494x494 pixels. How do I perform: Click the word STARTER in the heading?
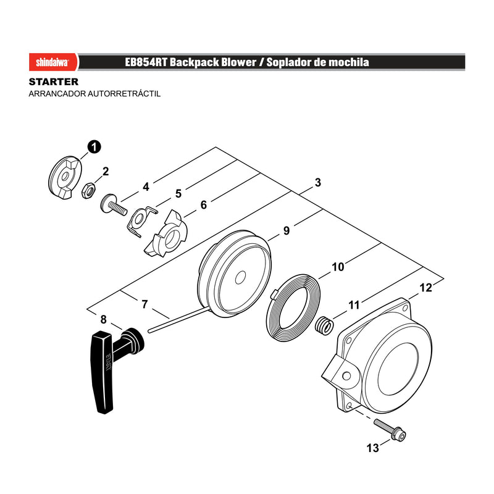click(54, 82)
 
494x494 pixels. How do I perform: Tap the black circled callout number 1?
click(94, 147)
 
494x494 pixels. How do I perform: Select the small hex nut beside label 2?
click(89, 190)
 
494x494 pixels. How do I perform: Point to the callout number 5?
click(178, 193)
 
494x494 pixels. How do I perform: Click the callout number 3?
click(318, 182)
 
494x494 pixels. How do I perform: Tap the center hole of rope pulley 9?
click(240, 277)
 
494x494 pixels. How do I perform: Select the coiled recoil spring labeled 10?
click(293, 306)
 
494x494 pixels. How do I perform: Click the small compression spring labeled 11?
click(324, 326)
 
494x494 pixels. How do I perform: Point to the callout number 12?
click(425, 288)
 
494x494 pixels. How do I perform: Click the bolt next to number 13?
click(390, 429)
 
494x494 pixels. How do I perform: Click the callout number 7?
click(144, 304)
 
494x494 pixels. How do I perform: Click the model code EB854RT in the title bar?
click(146, 62)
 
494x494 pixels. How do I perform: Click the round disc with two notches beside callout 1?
click(65, 177)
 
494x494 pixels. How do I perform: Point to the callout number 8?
click(104, 319)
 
